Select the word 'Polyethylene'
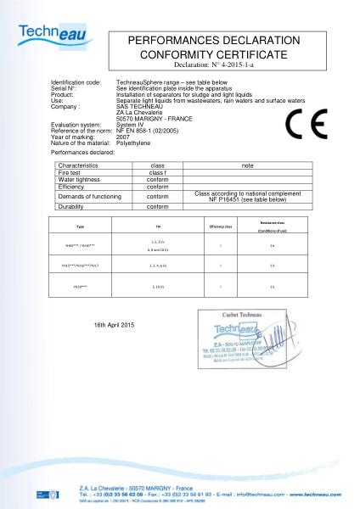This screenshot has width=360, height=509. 133,142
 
